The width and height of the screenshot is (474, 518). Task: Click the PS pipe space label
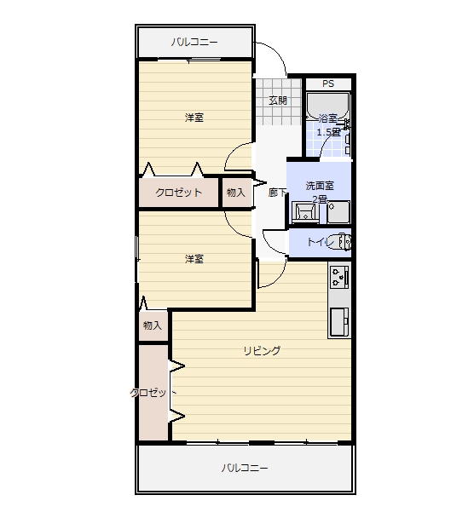pos(328,83)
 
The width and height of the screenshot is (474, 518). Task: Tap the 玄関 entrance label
pos(278,101)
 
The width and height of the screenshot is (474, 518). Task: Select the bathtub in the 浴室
pos(327,106)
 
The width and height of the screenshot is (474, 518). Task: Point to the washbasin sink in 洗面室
pos(305,212)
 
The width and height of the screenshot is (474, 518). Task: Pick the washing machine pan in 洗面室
pos(338,212)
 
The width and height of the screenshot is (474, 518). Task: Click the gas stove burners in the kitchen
pos(339,277)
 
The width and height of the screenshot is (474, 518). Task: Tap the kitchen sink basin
pos(339,322)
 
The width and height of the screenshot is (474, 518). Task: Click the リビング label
pos(262,350)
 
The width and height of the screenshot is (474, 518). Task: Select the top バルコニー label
pos(194,43)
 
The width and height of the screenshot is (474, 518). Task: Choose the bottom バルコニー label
pos(245,468)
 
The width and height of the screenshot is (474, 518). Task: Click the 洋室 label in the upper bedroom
pos(194,118)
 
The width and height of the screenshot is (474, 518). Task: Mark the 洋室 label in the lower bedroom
pos(194,259)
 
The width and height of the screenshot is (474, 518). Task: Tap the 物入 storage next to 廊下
pos(235,193)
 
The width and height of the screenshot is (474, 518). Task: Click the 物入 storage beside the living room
pos(153,325)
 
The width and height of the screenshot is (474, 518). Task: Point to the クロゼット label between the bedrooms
pos(178,193)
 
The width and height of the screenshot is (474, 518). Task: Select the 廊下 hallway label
pos(277,193)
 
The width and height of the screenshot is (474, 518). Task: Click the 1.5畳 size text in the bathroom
pos(328,132)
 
